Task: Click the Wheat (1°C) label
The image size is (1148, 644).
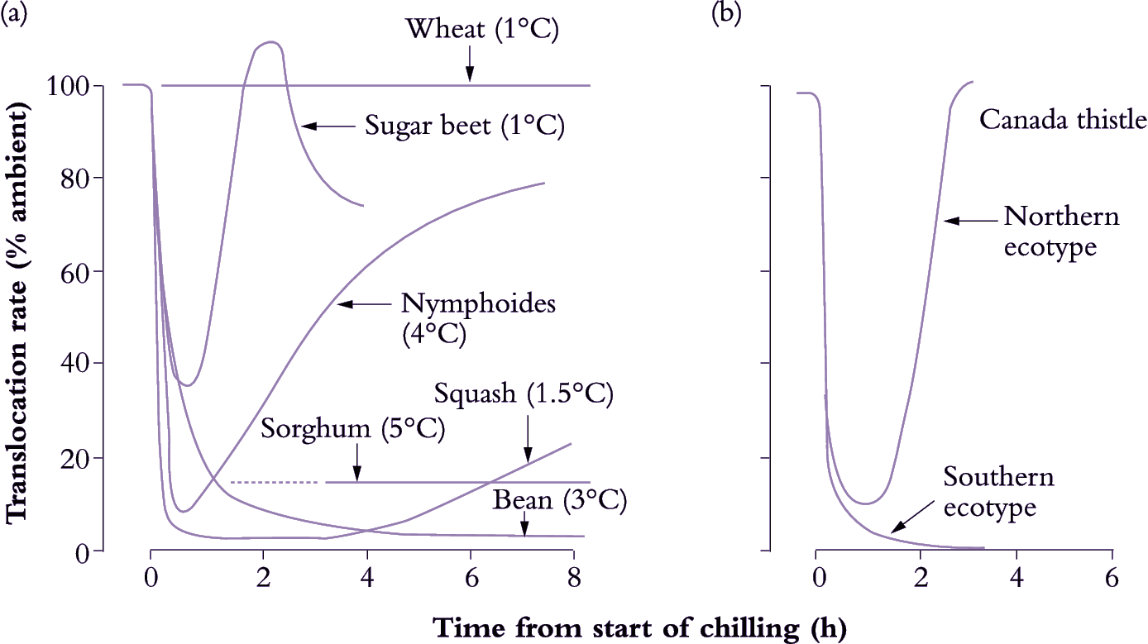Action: coord(483,31)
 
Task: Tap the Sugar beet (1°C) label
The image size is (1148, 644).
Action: coord(465,126)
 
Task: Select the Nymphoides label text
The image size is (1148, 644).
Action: coord(479,303)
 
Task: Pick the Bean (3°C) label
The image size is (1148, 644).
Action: coord(561,500)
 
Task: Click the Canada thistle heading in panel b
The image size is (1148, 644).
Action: coord(1063,120)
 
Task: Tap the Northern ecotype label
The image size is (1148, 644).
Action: coord(1061,231)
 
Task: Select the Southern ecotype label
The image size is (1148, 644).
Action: coord(999,492)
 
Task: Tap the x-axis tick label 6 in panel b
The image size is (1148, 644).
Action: coord(1112,575)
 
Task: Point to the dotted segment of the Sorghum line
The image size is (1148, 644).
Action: coord(274,482)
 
